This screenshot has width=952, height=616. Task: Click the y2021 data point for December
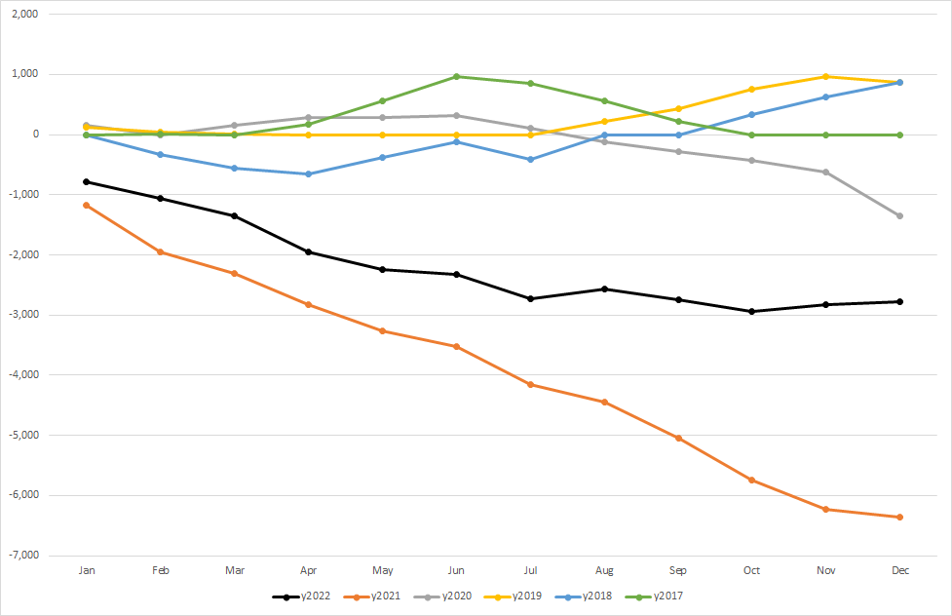click(x=899, y=518)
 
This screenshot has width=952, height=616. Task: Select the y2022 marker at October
click(x=751, y=312)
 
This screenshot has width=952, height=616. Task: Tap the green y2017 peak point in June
click(x=456, y=76)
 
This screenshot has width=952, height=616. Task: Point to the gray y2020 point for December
click(x=899, y=215)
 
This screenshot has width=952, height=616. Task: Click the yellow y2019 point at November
click(x=825, y=76)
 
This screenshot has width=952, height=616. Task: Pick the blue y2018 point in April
click(x=308, y=174)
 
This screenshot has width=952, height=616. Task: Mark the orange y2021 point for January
click(x=87, y=205)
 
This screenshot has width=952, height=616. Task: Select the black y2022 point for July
click(x=530, y=298)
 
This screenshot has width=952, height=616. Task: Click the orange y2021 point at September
click(x=678, y=438)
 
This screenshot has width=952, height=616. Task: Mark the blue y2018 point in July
click(x=530, y=159)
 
